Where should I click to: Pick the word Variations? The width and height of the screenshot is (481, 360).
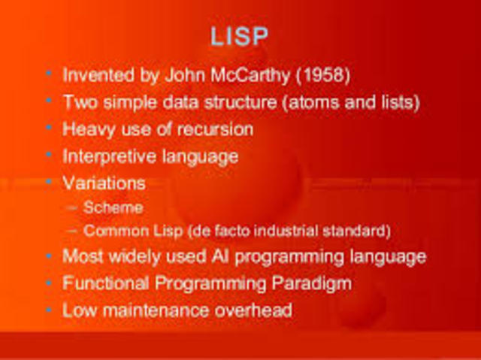coord(104,183)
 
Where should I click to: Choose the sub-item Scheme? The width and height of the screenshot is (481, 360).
coord(113,207)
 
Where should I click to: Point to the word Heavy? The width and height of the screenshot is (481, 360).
coord(86,129)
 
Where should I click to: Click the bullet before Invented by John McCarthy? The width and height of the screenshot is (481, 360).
coord(49,74)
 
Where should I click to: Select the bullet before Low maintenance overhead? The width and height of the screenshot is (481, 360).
coord(49,309)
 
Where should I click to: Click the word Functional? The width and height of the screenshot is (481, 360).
coord(101,283)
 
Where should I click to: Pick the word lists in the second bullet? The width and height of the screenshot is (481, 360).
coord(393,101)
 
